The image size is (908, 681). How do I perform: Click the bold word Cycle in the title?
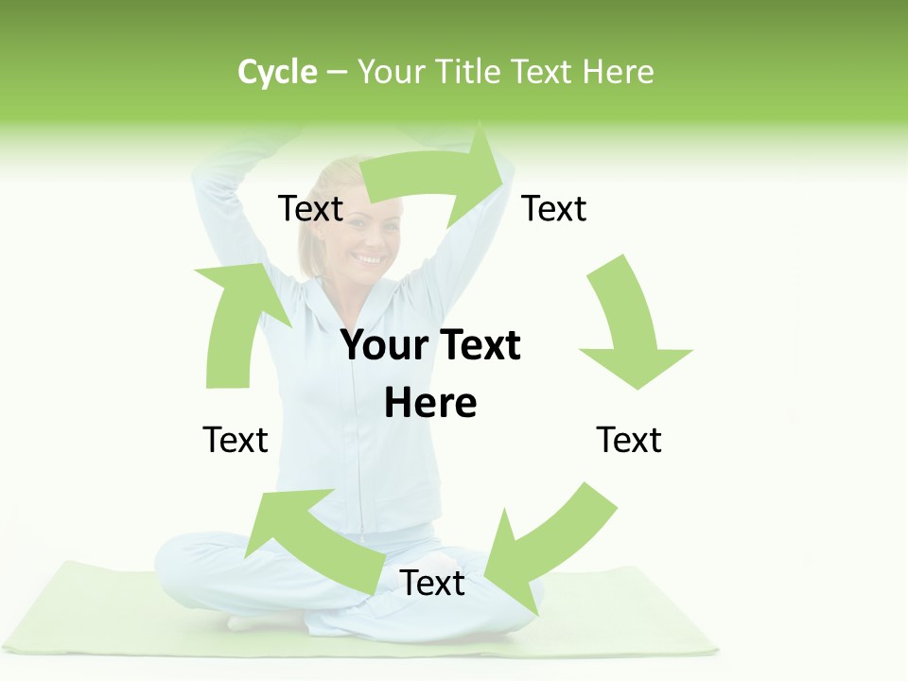pos(277,72)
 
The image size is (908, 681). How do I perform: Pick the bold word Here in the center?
pos(430,404)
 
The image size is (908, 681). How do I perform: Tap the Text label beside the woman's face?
pos(310,209)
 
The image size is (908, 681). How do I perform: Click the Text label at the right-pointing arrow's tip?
pos(554,209)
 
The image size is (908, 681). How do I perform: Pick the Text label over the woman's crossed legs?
pos(432,584)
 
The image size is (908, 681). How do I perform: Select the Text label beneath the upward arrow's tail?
pos(236,440)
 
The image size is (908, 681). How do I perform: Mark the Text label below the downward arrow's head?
pos(629,440)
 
